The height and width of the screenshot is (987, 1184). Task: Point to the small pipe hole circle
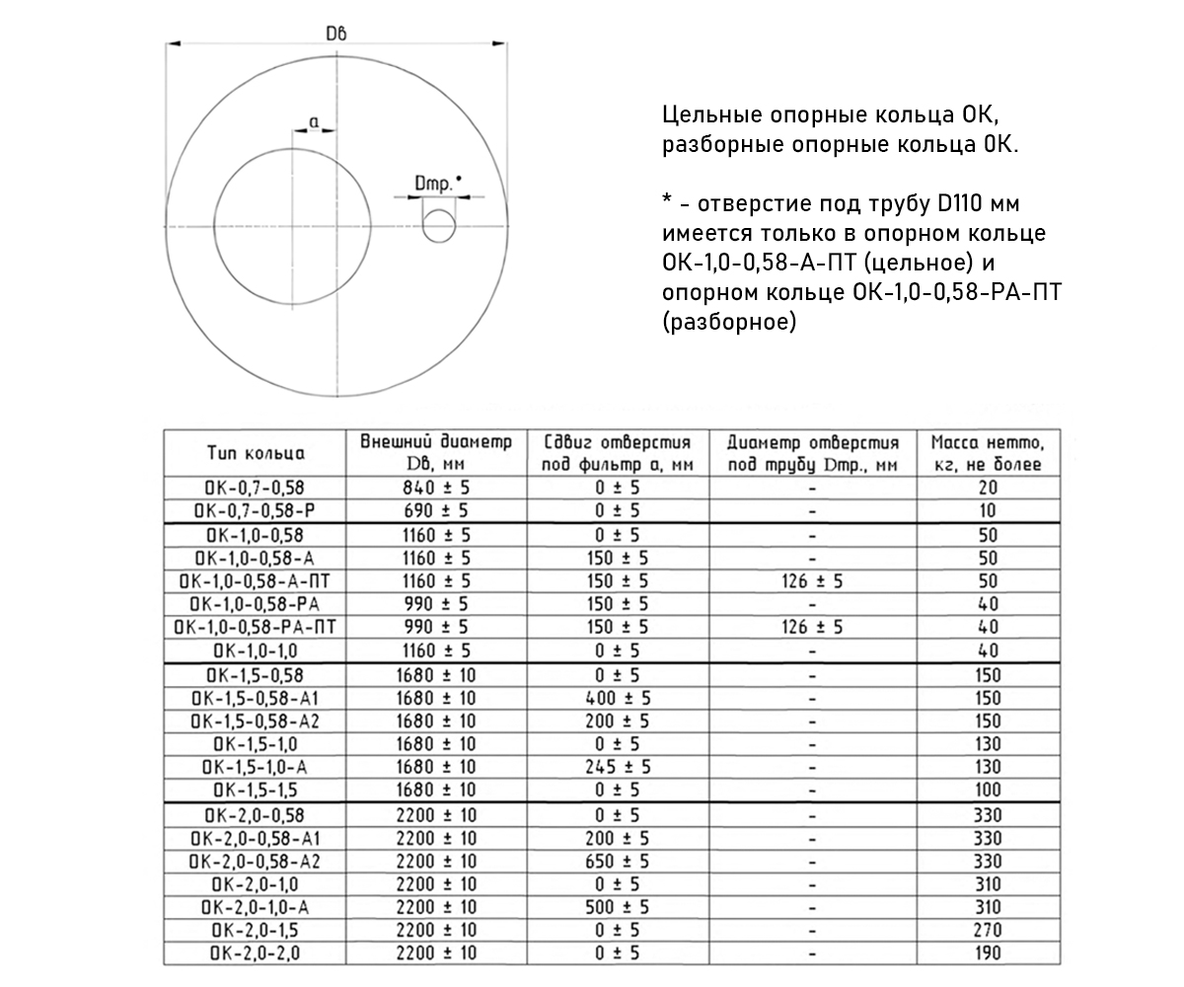click(x=439, y=225)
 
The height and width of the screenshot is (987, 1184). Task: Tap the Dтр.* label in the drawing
click(x=438, y=183)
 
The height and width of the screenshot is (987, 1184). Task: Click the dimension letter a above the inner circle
click(x=314, y=120)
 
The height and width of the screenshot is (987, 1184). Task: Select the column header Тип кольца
click(x=256, y=453)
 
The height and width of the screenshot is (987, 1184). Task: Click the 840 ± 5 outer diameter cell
click(x=435, y=488)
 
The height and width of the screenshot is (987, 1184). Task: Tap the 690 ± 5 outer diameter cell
click(x=435, y=511)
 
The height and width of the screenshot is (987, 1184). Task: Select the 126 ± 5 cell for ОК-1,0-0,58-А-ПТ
click(x=811, y=581)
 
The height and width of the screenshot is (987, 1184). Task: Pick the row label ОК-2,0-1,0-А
click(x=256, y=907)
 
